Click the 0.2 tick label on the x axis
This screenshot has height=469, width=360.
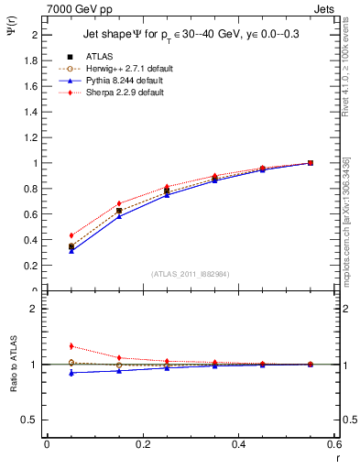click(x=143, y=443)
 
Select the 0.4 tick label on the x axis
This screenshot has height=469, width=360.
click(x=239, y=443)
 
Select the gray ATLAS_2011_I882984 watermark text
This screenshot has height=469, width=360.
click(x=191, y=274)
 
